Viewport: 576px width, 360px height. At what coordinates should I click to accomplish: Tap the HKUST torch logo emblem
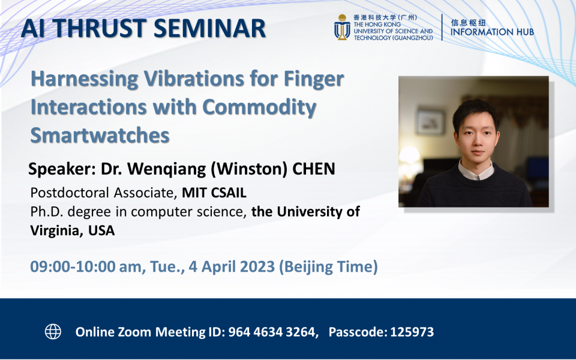coord(342,28)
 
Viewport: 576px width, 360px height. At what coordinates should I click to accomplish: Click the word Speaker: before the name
coord(59,169)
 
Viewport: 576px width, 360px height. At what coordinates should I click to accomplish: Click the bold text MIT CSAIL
coord(214,193)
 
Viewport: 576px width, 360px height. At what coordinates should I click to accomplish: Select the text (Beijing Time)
coord(328,266)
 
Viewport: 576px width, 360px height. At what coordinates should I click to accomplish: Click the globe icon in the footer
coord(53,331)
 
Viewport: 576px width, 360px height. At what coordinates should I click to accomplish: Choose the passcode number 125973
coord(412,332)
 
